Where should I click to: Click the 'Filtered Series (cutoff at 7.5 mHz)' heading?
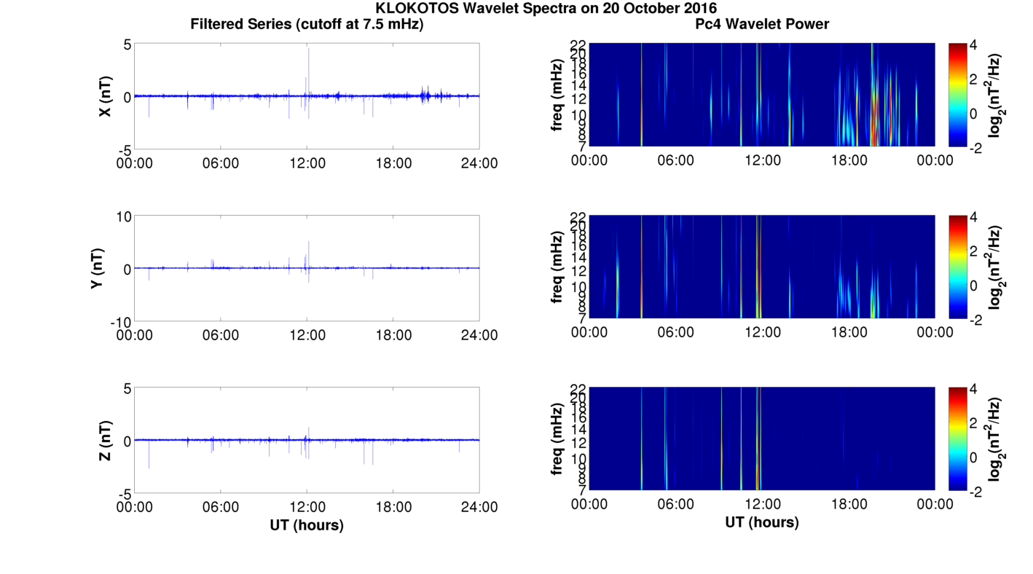(307, 24)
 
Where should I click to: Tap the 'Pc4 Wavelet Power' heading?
(762, 24)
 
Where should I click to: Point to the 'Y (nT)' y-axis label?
(95, 268)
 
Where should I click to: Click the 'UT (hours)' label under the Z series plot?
(307, 524)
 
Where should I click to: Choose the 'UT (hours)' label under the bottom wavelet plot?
(762, 522)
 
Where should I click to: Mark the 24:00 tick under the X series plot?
(479, 163)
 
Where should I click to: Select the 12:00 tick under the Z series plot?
(307, 507)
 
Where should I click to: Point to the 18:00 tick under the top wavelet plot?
(849, 160)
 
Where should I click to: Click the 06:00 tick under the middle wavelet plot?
(675, 332)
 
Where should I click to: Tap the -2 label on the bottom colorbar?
(978, 492)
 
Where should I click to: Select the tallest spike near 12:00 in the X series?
(309, 50)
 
